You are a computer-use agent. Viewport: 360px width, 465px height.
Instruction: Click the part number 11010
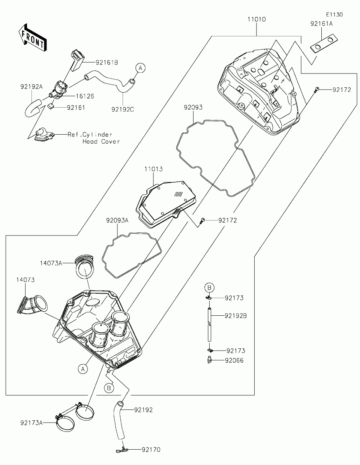point(256,19)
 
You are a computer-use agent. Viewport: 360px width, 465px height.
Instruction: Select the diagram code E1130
point(334,15)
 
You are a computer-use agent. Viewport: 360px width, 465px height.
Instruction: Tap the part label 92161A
point(321,24)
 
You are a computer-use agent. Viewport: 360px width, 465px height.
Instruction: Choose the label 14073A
point(51,263)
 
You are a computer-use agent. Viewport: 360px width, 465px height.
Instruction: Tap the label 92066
point(234,361)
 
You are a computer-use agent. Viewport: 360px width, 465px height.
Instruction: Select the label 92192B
point(235,316)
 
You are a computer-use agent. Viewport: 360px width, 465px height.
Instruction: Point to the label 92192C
point(123,109)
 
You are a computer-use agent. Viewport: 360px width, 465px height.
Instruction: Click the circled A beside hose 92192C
point(140,68)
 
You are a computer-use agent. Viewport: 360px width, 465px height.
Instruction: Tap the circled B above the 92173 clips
point(210,288)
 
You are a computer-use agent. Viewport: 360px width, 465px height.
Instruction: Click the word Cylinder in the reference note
point(95,135)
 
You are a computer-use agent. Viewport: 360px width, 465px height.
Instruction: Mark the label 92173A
point(31,423)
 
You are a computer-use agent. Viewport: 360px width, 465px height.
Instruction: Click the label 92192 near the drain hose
point(144,410)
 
